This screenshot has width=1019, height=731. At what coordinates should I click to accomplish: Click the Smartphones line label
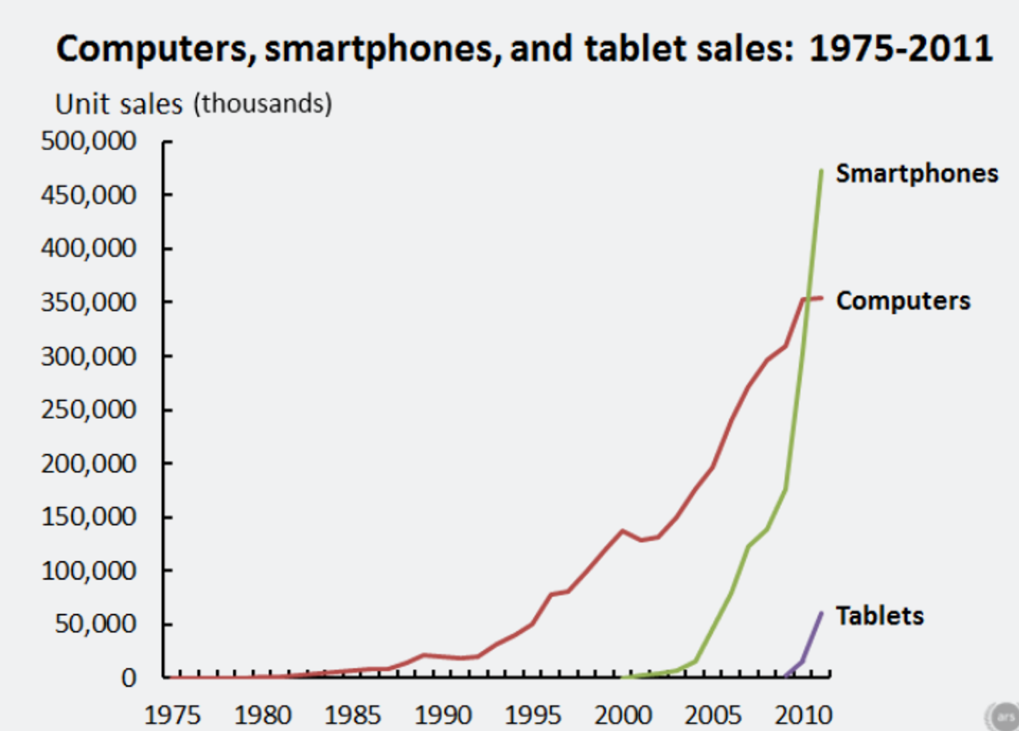click(x=916, y=173)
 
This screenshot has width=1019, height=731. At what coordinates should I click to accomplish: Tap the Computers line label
click(x=903, y=301)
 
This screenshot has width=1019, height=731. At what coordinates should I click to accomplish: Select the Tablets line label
click(x=879, y=615)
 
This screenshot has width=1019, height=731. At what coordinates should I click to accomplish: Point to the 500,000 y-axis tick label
click(x=88, y=141)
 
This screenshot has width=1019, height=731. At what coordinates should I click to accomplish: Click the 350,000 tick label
click(x=88, y=302)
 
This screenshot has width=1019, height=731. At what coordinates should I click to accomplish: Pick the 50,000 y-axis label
click(x=94, y=624)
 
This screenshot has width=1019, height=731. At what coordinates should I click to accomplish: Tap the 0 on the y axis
click(x=128, y=677)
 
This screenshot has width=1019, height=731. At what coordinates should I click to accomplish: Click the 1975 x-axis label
click(x=172, y=715)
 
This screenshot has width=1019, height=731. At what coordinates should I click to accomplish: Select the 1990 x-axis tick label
click(x=442, y=715)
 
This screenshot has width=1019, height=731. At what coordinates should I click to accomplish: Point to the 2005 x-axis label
click(x=712, y=715)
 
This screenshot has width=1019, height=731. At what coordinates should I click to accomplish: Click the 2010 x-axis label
click(x=803, y=715)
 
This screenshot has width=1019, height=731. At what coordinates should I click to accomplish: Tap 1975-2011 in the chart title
click(x=900, y=49)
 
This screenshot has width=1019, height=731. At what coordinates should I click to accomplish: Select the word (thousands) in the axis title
click(x=262, y=104)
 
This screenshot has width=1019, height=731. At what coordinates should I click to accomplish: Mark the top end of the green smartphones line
click(x=821, y=171)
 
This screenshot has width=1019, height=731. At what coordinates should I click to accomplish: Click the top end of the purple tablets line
click(x=821, y=613)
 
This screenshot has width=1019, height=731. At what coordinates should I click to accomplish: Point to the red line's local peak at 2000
click(x=622, y=530)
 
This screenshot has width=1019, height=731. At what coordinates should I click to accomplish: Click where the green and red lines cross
click(x=807, y=299)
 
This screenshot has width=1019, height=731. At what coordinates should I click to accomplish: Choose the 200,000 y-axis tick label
click(x=88, y=463)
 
